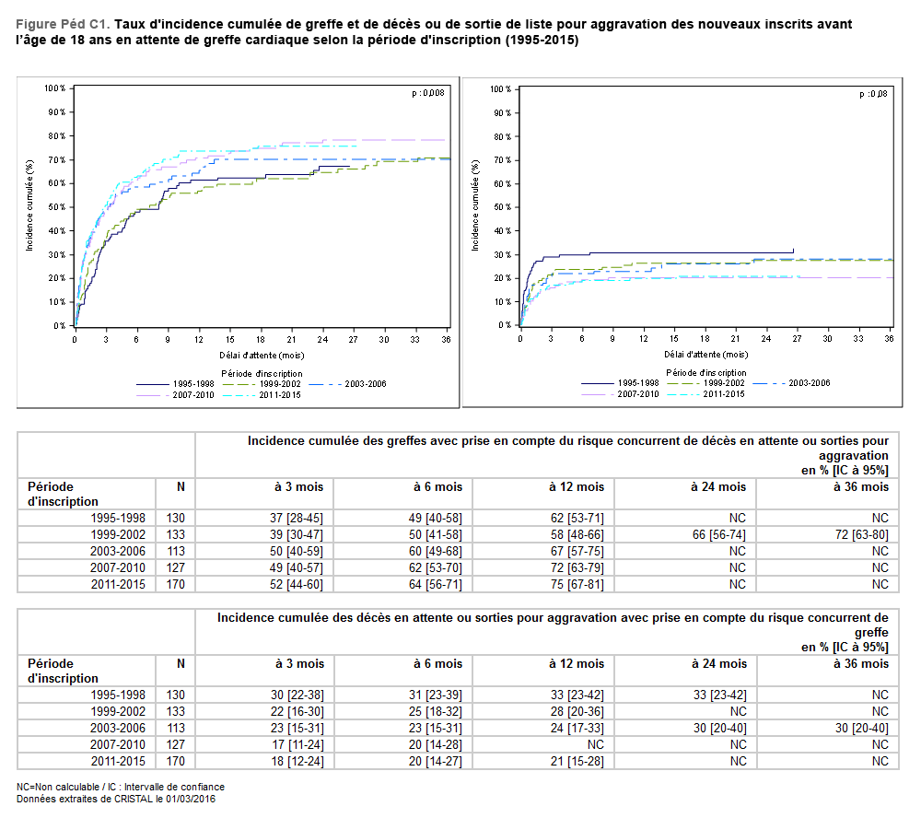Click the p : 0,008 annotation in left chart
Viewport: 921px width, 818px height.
coord(427,92)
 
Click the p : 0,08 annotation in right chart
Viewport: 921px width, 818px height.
coord(874,94)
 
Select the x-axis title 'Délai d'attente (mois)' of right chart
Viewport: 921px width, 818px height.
coord(706,354)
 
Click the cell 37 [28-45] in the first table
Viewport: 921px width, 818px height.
coord(297,519)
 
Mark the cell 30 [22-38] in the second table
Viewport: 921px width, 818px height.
coord(297,695)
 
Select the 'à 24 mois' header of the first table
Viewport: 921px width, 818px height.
coord(718,486)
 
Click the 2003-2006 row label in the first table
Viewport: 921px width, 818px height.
coord(118,552)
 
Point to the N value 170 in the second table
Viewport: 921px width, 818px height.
coord(175,762)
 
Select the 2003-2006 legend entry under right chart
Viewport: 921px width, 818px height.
coord(809,383)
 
